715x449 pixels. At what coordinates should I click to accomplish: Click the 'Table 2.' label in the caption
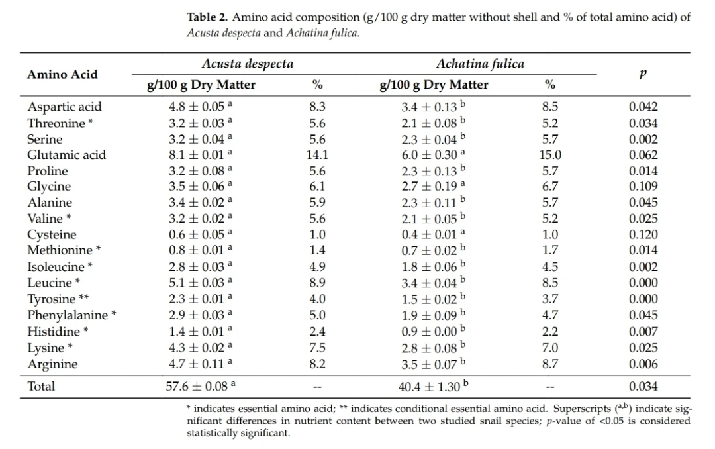(x=207, y=17)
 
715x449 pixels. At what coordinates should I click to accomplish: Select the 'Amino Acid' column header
(x=62, y=74)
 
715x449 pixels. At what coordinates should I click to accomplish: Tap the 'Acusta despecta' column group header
(x=248, y=64)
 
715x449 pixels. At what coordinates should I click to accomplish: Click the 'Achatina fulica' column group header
(x=480, y=64)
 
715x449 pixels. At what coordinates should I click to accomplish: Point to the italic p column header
(x=643, y=74)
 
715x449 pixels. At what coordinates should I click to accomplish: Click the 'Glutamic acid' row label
(x=67, y=155)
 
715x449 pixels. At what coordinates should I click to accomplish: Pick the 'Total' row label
(x=41, y=387)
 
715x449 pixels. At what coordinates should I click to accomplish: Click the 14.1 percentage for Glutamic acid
(x=317, y=155)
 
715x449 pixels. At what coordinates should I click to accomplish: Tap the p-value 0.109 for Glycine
(x=643, y=186)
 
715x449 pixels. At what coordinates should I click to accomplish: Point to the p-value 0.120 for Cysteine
(x=643, y=234)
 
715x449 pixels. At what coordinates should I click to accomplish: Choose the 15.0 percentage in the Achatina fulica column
(x=550, y=155)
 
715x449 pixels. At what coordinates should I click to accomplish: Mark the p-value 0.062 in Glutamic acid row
(x=643, y=155)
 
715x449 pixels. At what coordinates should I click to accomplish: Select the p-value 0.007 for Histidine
(x=643, y=332)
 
